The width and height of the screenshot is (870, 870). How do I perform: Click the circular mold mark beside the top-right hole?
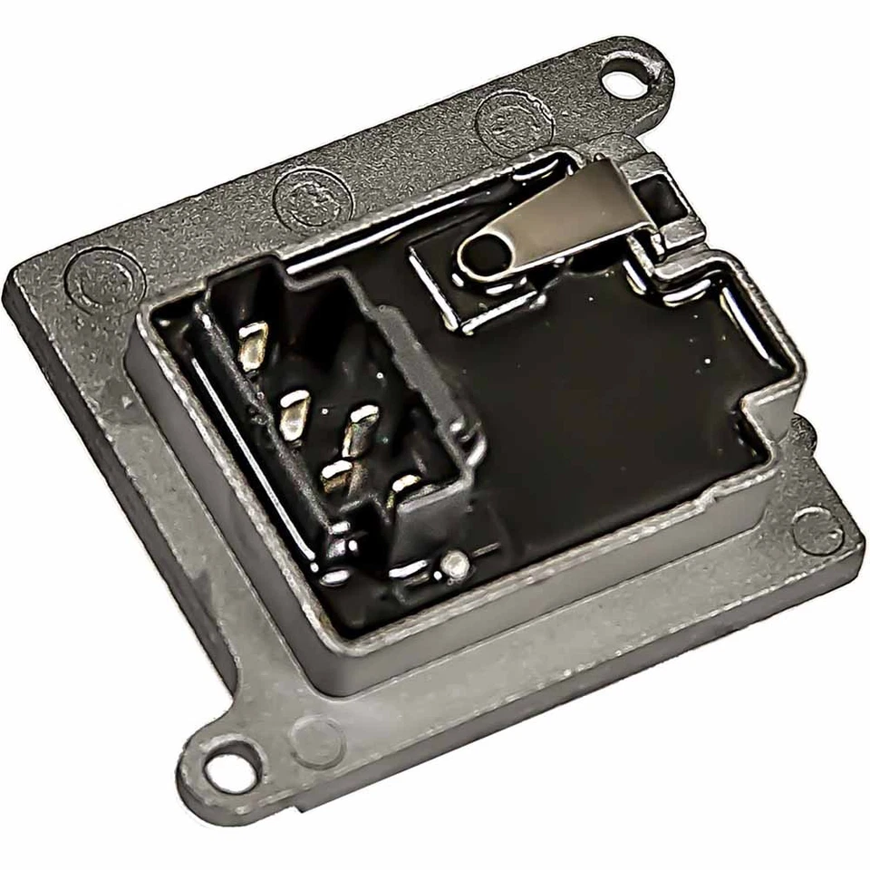click(514, 121)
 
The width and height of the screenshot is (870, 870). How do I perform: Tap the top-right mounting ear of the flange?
click(634, 72)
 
